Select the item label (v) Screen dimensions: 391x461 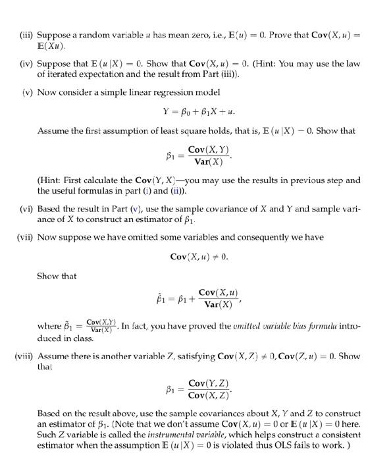tap(26, 92)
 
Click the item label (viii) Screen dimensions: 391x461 tap(24, 356)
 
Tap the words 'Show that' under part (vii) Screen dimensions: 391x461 tap(57, 276)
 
